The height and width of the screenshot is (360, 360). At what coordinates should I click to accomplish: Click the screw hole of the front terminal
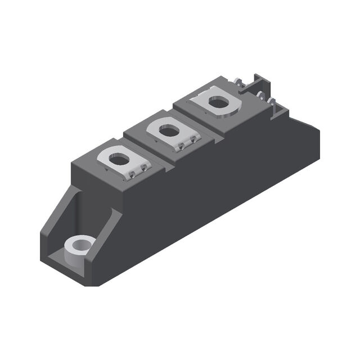[119, 160]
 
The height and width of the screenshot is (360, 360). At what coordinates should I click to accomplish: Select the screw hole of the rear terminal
[218, 102]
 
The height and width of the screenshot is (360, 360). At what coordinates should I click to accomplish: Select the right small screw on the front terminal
[144, 168]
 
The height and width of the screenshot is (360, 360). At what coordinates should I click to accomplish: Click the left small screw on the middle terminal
[181, 146]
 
